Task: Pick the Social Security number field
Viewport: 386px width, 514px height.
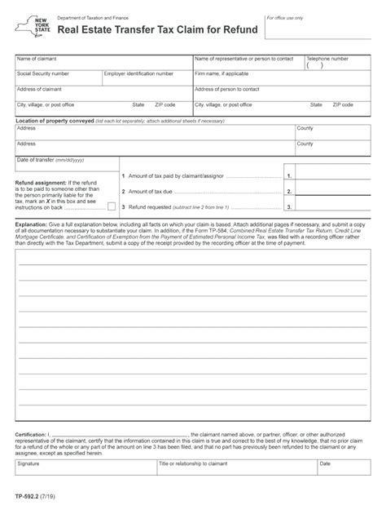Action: [x=57, y=78]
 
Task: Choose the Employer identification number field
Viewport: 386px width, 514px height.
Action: [x=146, y=78]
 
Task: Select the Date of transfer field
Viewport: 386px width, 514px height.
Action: [x=66, y=166]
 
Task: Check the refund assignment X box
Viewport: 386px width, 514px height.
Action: [x=111, y=206]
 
